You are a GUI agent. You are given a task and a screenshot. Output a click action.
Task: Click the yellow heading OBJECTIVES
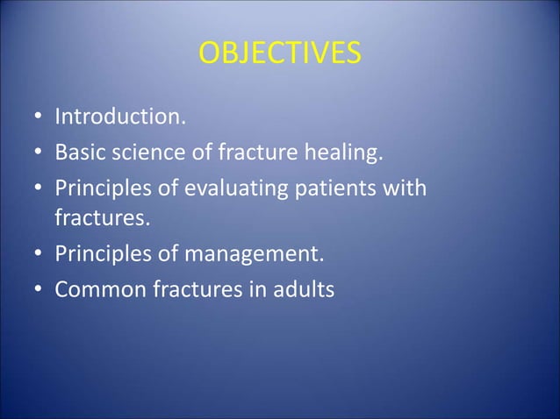click(x=279, y=54)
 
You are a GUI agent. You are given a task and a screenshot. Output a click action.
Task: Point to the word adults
click(x=304, y=290)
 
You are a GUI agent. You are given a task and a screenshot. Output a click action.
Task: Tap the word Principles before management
click(x=104, y=255)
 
